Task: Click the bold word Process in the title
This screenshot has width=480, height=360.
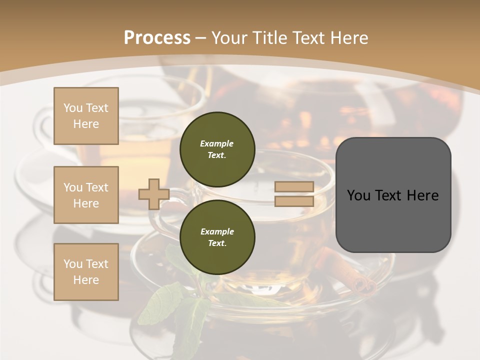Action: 157,38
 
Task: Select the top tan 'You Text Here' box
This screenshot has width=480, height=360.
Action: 86,116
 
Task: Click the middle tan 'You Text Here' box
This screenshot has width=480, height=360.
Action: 86,195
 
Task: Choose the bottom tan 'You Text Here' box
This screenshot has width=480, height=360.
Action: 86,272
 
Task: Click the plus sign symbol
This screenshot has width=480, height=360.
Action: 153,194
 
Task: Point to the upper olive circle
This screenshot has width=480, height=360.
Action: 217,149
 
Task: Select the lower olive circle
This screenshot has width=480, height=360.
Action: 217,237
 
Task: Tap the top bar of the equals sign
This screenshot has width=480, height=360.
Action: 294,187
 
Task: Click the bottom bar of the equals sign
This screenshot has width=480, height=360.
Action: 294,201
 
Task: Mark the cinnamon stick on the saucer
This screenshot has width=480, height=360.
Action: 362,285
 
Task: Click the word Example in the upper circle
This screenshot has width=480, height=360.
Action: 217,143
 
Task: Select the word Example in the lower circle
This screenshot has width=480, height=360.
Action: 217,231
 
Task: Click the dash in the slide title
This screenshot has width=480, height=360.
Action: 200,38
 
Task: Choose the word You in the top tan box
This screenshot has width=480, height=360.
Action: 73,108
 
